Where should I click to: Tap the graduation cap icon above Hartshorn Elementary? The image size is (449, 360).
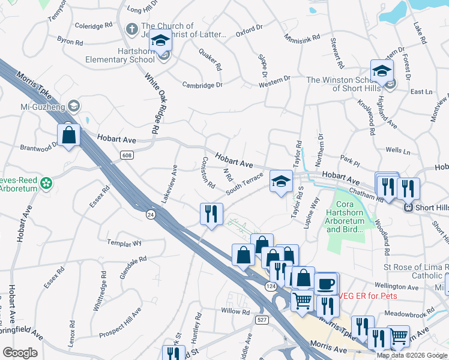160,40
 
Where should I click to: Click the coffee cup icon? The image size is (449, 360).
327,284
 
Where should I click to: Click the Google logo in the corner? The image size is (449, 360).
20,353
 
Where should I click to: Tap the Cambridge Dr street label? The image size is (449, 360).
202,85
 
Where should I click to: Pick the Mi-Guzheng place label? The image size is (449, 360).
41,106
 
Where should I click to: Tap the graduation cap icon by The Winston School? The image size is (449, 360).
382,71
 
